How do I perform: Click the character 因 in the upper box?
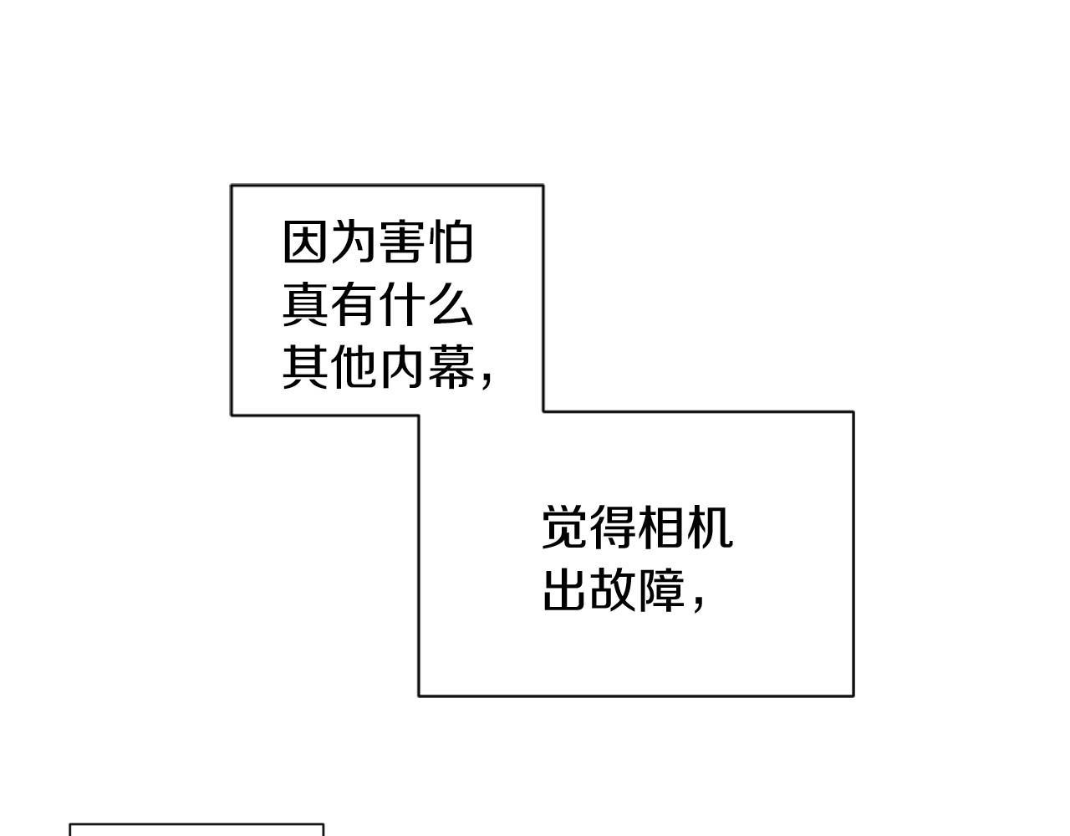[305, 242]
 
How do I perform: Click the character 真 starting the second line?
[305, 305]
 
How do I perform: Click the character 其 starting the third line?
[305, 367]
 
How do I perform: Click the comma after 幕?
[487, 380]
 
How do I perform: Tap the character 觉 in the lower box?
[564, 528]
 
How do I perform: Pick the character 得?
[613, 528]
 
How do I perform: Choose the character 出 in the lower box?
[564, 590]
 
